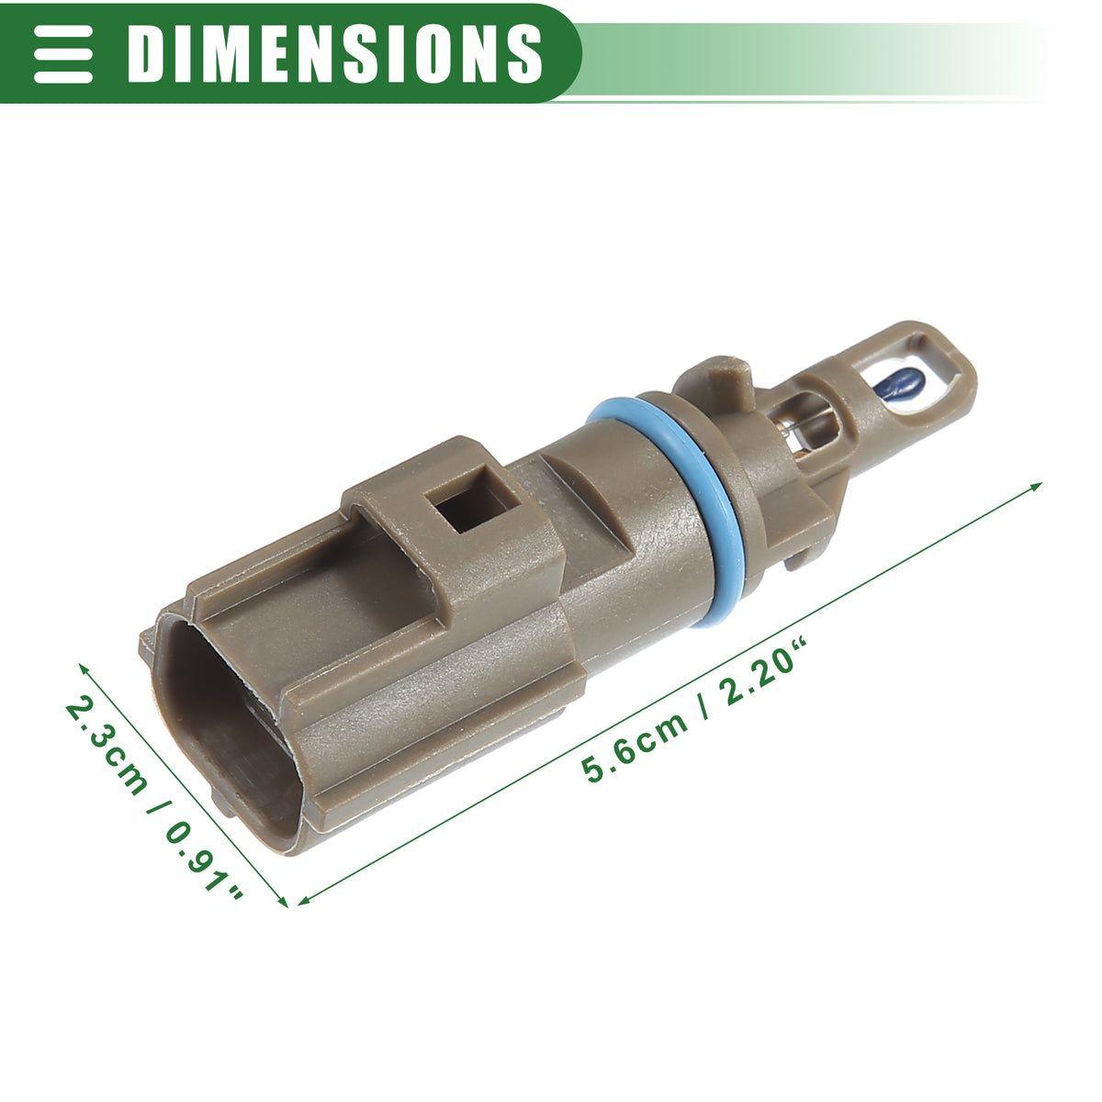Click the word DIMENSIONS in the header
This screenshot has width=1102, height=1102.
pos(334,54)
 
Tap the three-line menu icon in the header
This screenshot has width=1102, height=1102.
pos(63,54)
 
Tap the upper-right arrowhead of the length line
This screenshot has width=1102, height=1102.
pos(1036,487)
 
